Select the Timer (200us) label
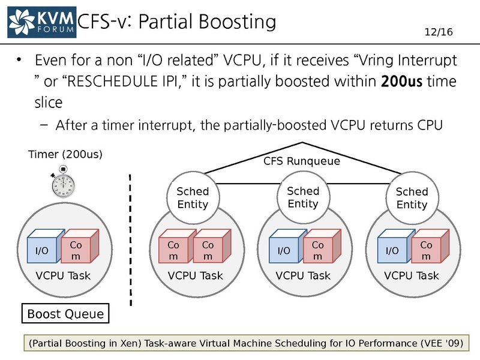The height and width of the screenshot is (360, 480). (x=65, y=154)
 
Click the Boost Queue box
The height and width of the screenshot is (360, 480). (x=65, y=313)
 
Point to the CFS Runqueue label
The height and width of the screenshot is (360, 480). (x=302, y=161)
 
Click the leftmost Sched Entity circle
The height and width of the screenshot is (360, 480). (x=192, y=197)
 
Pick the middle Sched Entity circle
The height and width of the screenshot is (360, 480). (x=303, y=197)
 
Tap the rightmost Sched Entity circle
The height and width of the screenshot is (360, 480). (x=412, y=197)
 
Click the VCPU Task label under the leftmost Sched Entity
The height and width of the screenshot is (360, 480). (x=195, y=276)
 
